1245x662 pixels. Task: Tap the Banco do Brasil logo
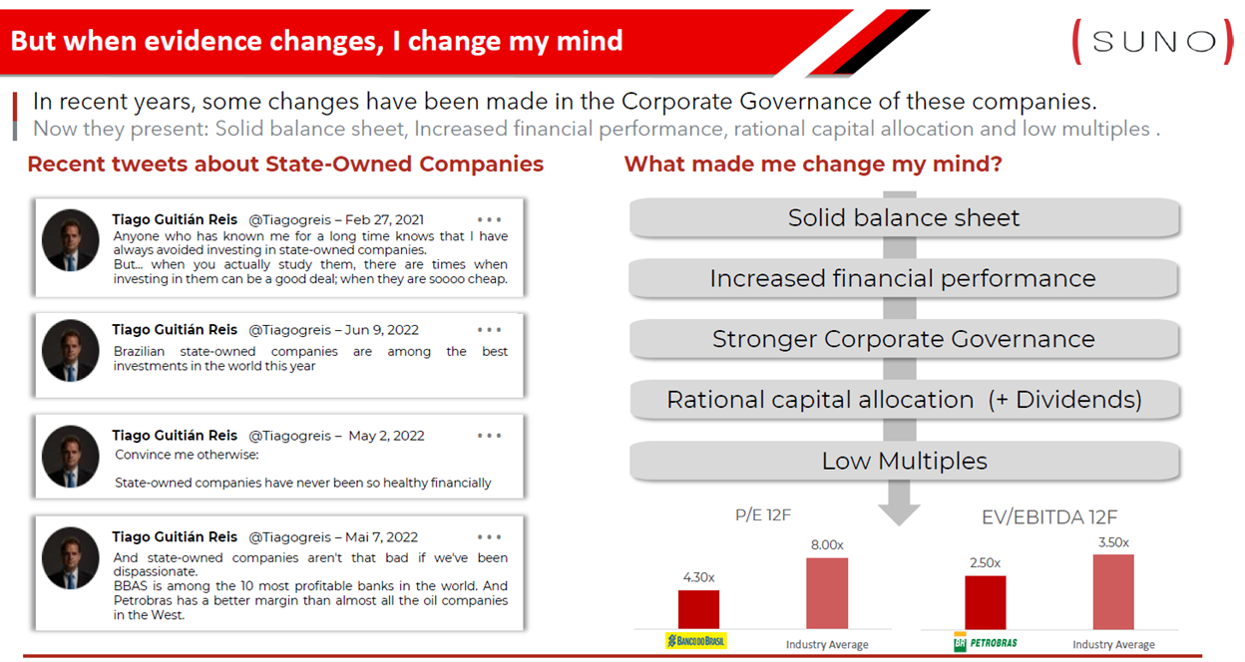(696, 641)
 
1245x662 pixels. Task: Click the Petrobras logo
(985, 642)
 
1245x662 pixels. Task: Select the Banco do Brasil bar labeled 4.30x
(698, 609)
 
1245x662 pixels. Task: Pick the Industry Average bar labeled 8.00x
(827, 593)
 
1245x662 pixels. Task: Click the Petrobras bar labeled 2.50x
(986, 602)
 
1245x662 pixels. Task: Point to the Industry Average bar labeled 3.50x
(1113, 591)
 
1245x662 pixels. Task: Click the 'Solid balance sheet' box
(904, 217)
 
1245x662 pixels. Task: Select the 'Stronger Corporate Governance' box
(904, 339)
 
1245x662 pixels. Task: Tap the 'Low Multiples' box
(904, 461)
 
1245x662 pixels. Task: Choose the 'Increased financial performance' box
(904, 278)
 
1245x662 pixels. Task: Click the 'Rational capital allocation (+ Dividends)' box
(904, 400)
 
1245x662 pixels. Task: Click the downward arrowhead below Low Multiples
(899, 513)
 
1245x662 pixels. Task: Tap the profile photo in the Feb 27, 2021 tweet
(71, 240)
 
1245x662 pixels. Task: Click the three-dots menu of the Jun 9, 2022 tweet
(489, 330)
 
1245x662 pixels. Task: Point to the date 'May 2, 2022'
(386, 436)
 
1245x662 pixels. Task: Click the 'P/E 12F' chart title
(762, 515)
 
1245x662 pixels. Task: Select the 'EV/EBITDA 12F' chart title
(1048, 517)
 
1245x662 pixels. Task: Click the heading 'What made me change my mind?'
(813, 165)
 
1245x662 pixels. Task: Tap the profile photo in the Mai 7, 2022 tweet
(71, 558)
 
